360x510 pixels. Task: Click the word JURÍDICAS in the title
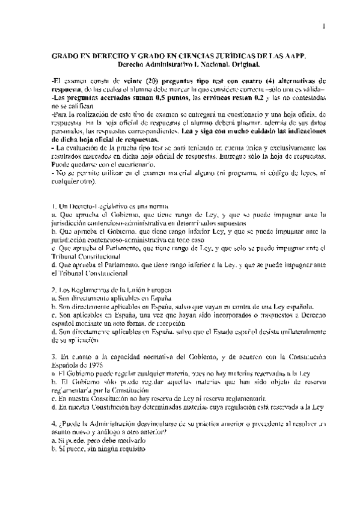point(237,55)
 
